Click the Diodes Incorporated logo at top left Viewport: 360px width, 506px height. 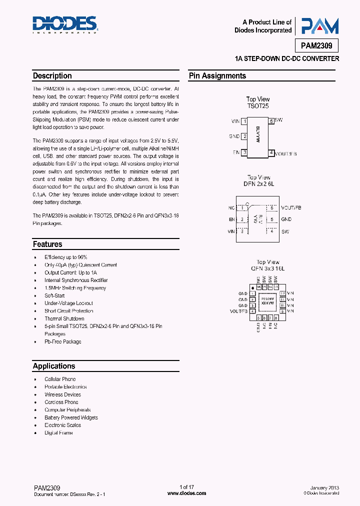(x=65, y=24)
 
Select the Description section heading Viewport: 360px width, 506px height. (x=52, y=76)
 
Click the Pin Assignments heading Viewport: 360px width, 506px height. (x=217, y=76)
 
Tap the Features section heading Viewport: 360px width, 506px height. (x=47, y=244)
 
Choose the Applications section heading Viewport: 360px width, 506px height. (x=54, y=366)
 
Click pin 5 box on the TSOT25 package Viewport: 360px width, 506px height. (x=271, y=121)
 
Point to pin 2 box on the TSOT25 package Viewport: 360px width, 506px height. (x=244, y=136)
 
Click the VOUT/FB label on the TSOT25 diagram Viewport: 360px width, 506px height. (x=286, y=153)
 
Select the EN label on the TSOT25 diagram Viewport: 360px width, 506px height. (x=236, y=152)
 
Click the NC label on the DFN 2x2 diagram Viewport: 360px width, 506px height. (x=231, y=207)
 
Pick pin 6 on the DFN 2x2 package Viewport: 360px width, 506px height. (x=271, y=207)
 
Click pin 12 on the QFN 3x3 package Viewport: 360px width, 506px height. (x=282, y=293)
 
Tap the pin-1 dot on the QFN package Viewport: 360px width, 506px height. (x=252, y=288)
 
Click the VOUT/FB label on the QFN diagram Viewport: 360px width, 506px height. (x=238, y=311)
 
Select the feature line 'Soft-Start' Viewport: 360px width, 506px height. (x=55, y=295)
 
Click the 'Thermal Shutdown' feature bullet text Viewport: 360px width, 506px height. (x=64, y=318)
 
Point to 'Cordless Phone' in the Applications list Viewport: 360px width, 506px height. (x=61, y=402)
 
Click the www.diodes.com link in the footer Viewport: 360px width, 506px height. (x=186, y=493)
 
